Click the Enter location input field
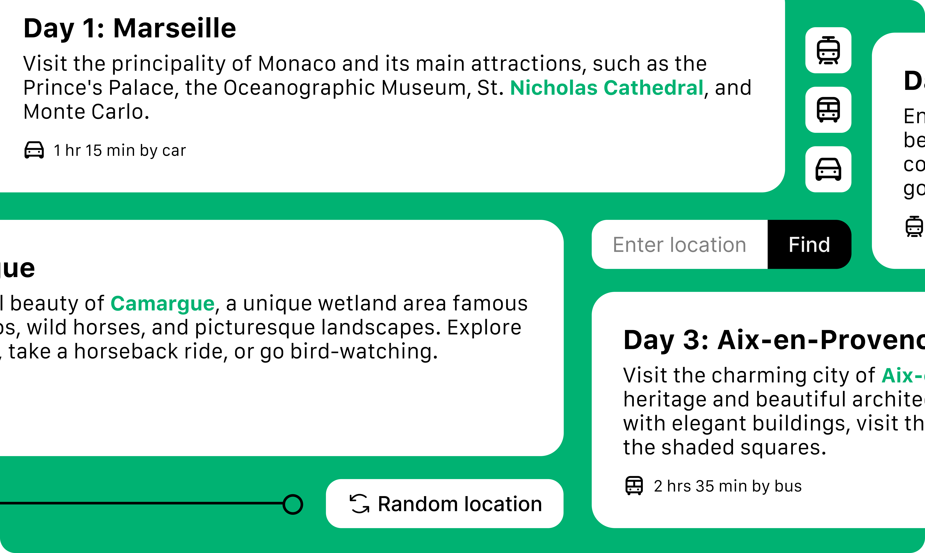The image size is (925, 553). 680,244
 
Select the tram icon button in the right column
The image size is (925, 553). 828,50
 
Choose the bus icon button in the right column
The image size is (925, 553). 828,110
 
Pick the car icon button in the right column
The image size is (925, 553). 828,169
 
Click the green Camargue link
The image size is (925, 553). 163,303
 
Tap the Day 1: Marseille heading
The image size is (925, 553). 130,28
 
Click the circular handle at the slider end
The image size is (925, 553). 293,504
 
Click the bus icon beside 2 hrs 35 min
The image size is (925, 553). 634,486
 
